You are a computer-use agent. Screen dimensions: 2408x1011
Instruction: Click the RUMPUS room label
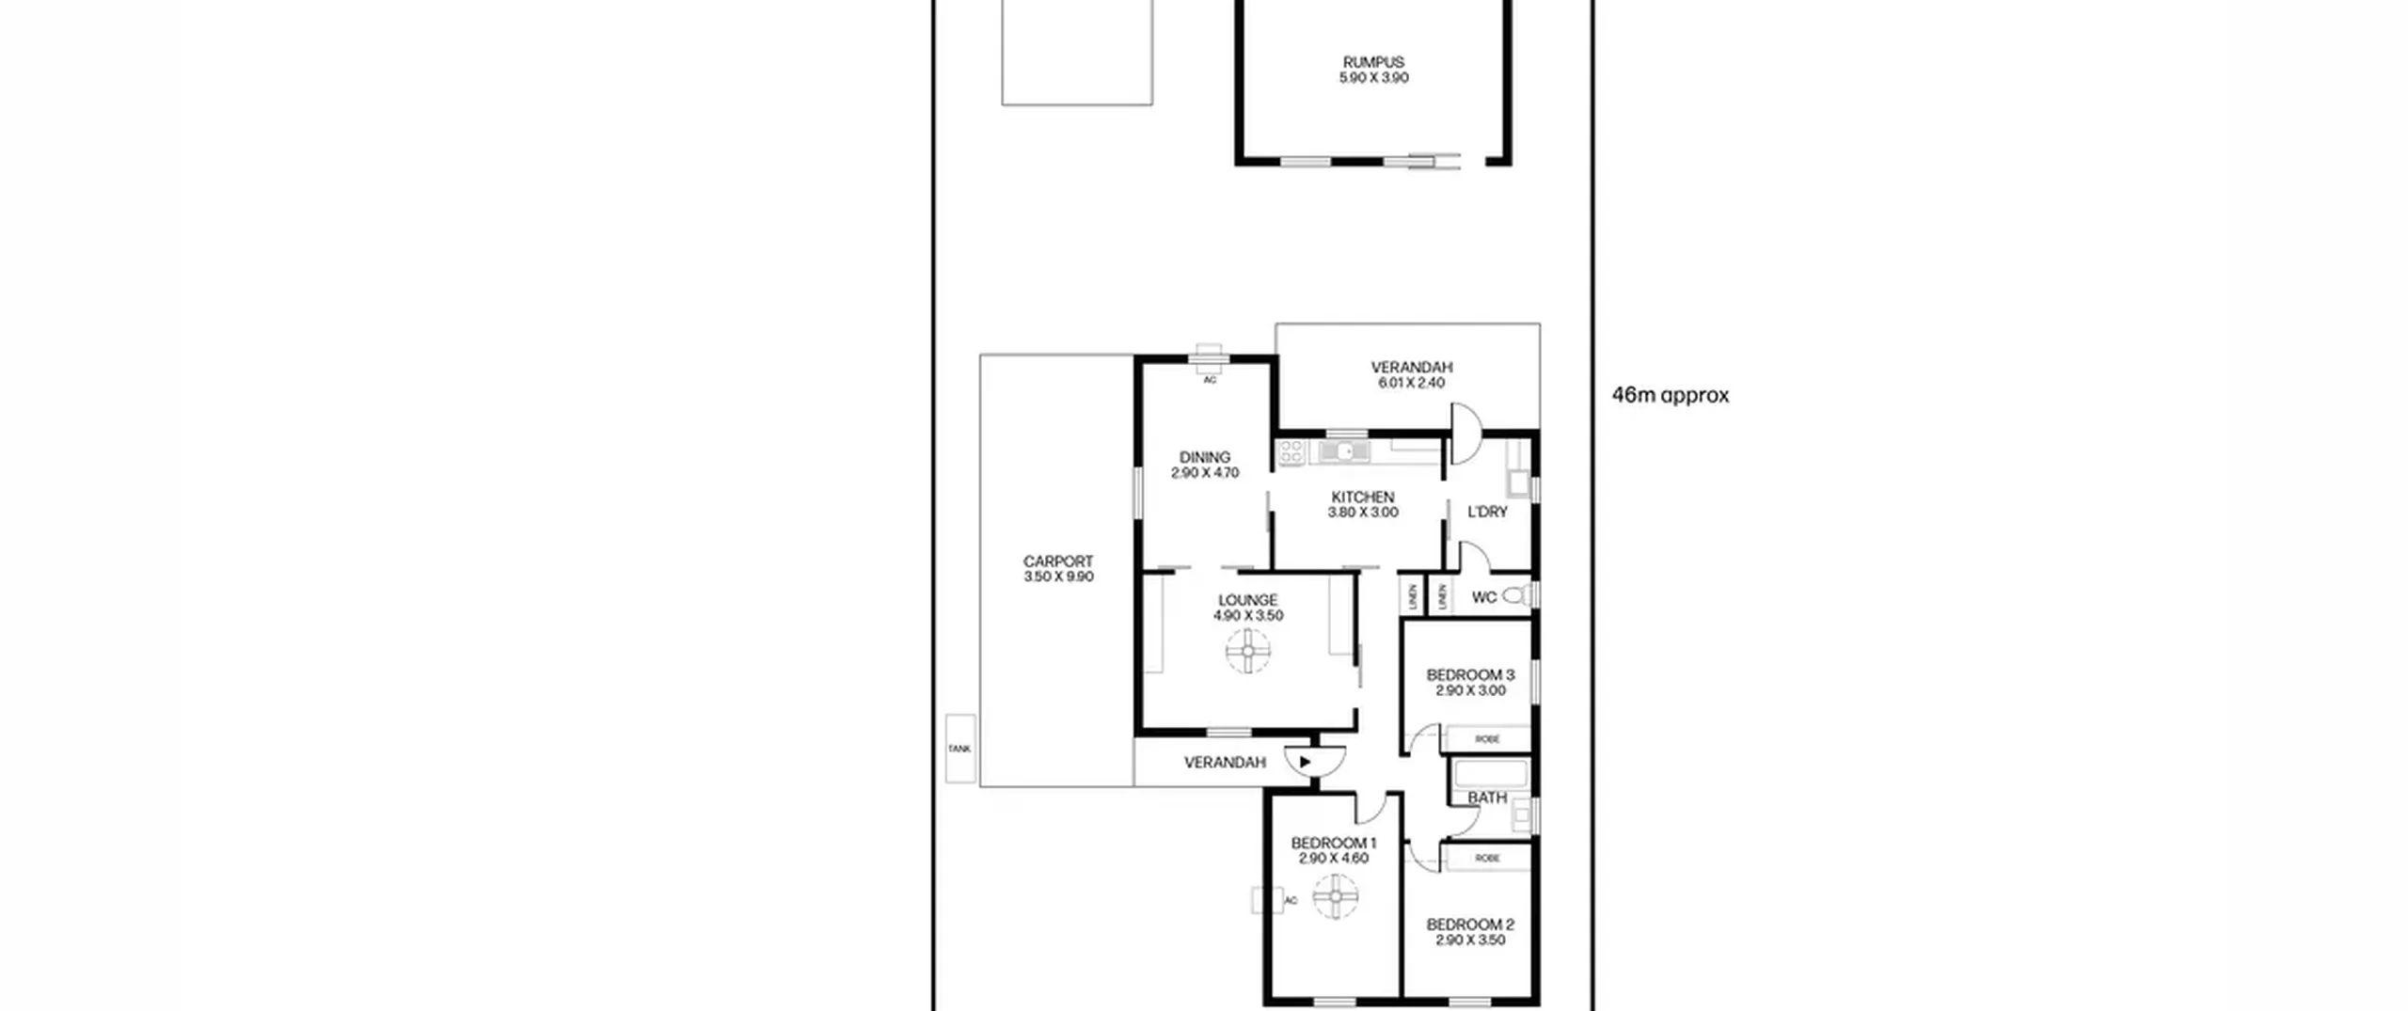pyautogui.click(x=1373, y=62)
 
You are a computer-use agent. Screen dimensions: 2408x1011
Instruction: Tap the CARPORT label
pyautogui.click(x=1058, y=561)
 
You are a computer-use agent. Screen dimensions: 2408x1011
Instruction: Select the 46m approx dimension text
pyautogui.click(x=1671, y=395)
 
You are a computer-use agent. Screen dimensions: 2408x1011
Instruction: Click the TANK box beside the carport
pyautogui.click(x=960, y=749)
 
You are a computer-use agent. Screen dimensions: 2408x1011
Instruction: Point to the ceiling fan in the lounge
pyautogui.click(x=1248, y=651)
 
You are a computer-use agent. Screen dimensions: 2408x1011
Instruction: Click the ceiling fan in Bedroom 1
pyautogui.click(x=1335, y=896)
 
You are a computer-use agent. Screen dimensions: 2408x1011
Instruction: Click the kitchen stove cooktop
pyautogui.click(x=1291, y=451)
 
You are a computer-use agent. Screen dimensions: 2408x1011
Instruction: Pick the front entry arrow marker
pyautogui.click(x=1305, y=762)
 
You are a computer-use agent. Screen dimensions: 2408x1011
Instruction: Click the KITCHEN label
pyautogui.click(x=1363, y=497)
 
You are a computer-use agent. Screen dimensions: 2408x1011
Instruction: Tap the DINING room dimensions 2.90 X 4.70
pyautogui.click(x=1205, y=473)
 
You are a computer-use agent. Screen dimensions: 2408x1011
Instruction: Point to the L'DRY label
pyautogui.click(x=1487, y=512)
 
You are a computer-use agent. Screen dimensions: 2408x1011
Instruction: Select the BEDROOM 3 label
pyautogui.click(x=1470, y=674)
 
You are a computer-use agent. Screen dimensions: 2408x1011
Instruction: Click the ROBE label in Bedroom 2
pyautogui.click(x=1487, y=858)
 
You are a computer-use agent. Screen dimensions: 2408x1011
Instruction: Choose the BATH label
pyautogui.click(x=1487, y=798)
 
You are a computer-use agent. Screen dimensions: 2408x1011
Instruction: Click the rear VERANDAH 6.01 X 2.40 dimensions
pyautogui.click(x=1411, y=383)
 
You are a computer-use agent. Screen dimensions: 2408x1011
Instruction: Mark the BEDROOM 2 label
pyautogui.click(x=1470, y=924)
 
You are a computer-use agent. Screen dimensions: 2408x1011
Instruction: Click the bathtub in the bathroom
pyautogui.click(x=1491, y=774)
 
